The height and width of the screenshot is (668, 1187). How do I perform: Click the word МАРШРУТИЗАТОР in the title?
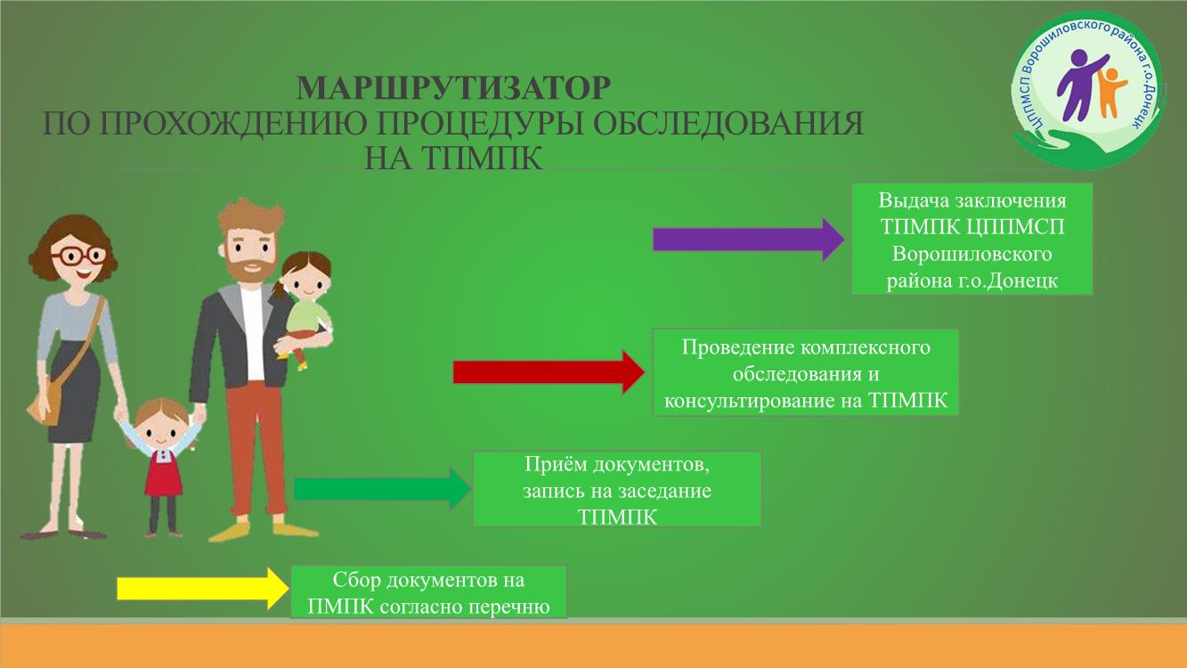[453, 88]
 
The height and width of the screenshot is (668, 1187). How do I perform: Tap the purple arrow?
[748, 239]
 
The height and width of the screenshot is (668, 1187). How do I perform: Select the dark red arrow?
[549, 372]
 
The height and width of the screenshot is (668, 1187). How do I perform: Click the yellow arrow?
[203, 589]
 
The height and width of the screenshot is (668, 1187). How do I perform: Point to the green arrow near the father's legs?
[382, 489]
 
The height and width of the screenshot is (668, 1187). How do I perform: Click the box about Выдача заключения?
[972, 239]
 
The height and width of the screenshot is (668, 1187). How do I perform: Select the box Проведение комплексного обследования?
[806, 372]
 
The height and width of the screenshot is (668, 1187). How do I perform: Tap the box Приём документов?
[617, 489]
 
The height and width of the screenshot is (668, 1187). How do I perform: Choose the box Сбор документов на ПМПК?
[428, 591]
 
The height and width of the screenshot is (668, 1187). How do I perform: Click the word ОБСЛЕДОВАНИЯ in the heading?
[728, 124]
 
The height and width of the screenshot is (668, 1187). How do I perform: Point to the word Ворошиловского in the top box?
[972, 254]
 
